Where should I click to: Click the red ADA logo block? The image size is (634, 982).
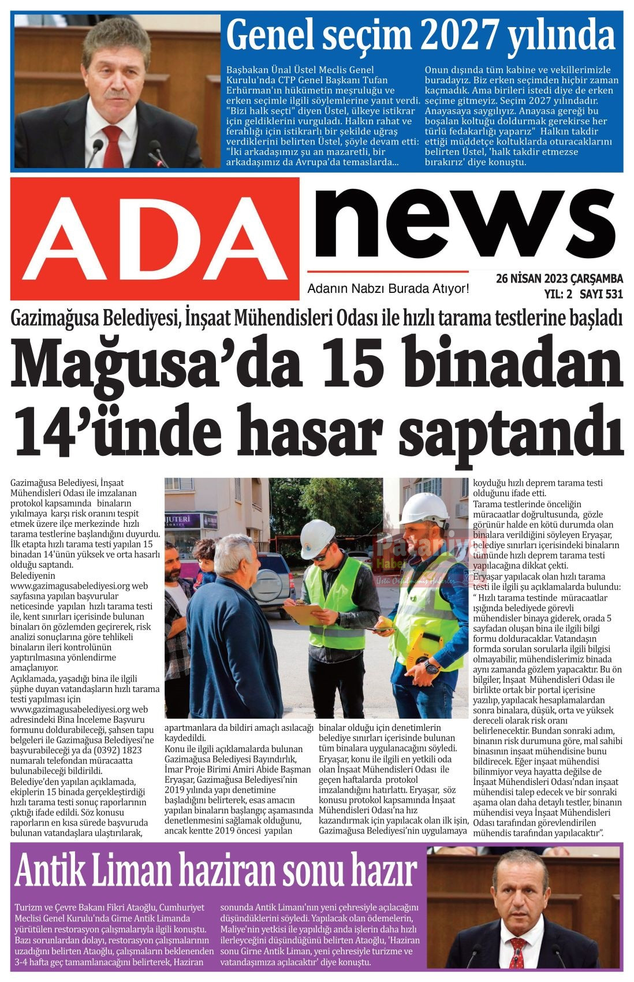tap(155, 238)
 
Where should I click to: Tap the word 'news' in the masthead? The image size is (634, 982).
tap(462, 222)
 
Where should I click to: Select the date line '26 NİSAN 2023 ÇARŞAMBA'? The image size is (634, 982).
tap(559, 279)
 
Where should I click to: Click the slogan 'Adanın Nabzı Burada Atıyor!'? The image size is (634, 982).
tap(387, 288)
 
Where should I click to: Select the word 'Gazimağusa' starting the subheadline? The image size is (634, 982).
tap(55, 317)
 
